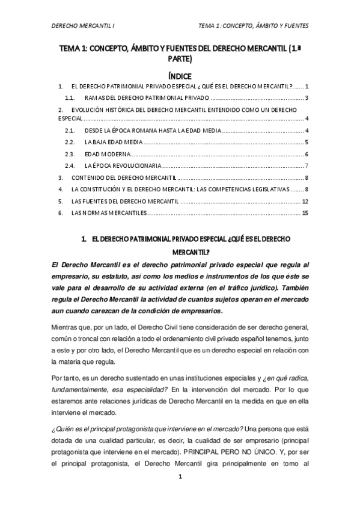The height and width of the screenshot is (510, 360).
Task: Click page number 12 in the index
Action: pos(305,201)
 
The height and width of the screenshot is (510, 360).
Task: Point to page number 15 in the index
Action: pos(305,213)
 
